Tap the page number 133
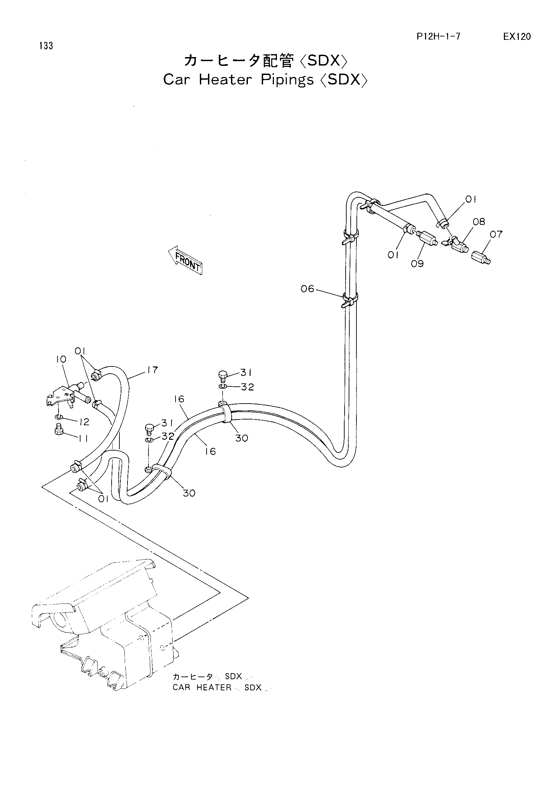click(46, 46)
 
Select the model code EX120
click(517, 37)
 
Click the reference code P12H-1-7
click(439, 37)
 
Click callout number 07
click(496, 234)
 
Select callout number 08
click(479, 222)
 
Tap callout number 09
click(417, 264)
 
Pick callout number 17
click(152, 370)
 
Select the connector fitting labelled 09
click(427, 238)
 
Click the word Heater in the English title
click(226, 80)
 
